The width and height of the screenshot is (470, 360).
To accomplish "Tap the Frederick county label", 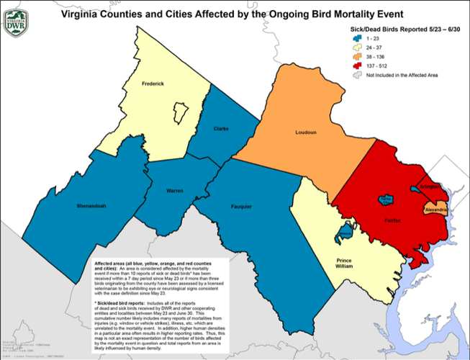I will point(153,84).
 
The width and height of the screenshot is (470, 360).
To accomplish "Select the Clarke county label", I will point(221,128).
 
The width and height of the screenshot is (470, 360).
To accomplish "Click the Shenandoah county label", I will point(91,206).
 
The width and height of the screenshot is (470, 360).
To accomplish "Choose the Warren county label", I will point(175,191).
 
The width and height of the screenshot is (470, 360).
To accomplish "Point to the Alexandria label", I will point(437,210).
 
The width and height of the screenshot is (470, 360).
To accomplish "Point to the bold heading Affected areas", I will point(114,265).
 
